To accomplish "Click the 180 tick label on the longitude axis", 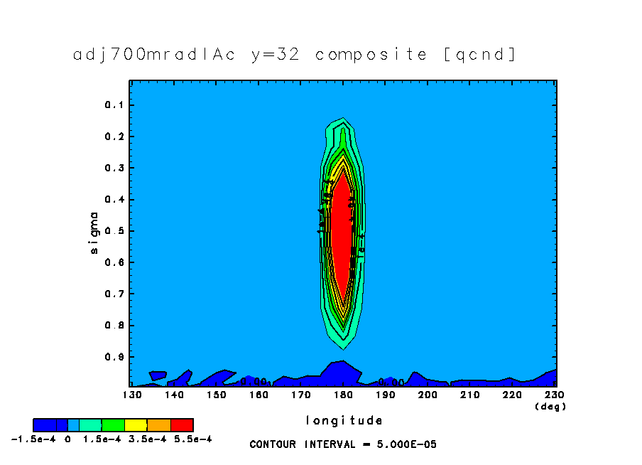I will point(343,393).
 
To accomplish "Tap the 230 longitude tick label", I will point(555,393).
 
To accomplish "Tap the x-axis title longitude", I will point(344,420).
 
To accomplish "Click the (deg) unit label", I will point(545,407).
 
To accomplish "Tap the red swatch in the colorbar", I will point(183,425).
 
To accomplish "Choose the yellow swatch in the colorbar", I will point(136,425).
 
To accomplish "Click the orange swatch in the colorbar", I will point(159,425).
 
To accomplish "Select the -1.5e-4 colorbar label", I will point(30,439).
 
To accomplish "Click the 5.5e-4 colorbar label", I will point(192,439).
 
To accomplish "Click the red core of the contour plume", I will point(342,235).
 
